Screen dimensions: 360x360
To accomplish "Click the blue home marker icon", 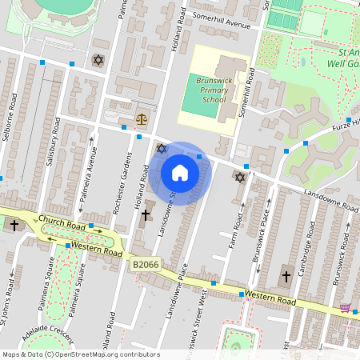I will click(x=180, y=172).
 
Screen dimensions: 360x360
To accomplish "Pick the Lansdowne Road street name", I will click(x=330, y=200).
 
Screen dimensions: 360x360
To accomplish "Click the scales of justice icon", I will click(x=142, y=118).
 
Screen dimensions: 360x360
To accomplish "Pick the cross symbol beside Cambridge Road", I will click(x=286, y=277).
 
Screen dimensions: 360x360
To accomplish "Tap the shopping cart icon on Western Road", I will click(x=345, y=307).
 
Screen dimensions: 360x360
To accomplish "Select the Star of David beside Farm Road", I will click(x=239, y=176).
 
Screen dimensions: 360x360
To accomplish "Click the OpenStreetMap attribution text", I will click(x=81, y=354).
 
